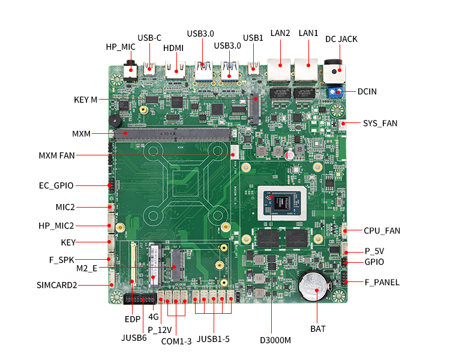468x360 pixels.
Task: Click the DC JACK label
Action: (341, 39)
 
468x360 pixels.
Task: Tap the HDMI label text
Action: (173, 48)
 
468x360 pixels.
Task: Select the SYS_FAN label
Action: (380, 124)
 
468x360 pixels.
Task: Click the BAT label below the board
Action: (318, 329)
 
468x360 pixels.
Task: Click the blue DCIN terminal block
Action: (335, 92)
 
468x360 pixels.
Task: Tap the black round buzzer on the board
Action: (114, 121)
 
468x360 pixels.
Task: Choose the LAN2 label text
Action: (280, 33)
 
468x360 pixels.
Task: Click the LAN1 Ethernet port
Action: (305, 71)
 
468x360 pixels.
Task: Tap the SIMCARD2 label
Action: (57, 285)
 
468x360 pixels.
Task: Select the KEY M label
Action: (85, 100)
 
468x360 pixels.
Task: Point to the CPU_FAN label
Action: (382, 230)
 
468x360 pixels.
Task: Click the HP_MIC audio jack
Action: (130, 70)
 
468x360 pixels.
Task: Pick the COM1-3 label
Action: (176, 341)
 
